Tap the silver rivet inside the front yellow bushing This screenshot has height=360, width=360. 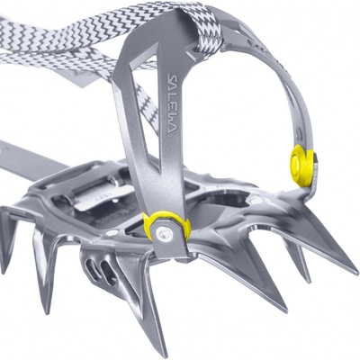coord(163,231)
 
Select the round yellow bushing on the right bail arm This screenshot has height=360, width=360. coord(303,166)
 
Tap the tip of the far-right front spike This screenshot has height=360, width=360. coord(356,273)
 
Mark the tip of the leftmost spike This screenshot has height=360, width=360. coord(3,273)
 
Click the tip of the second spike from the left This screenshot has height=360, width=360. coord(47,312)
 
